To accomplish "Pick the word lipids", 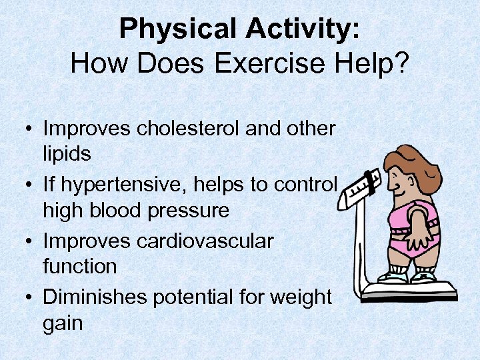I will point(67,154).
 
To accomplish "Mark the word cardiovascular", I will point(205,241).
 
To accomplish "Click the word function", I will point(80,267).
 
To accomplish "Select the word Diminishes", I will point(95,297).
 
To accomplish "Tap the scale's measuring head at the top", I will point(360,184).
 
